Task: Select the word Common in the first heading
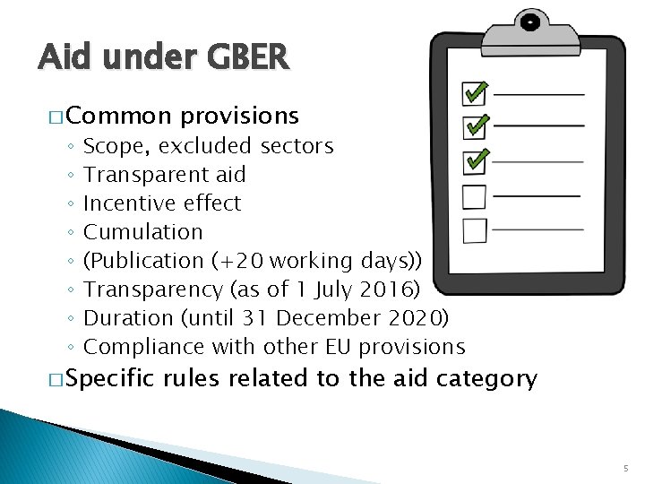click(116, 117)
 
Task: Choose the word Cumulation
click(142, 232)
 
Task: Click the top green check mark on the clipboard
click(475, 92)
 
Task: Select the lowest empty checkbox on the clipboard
click(474, 231)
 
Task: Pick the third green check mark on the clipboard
click(475, 160)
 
